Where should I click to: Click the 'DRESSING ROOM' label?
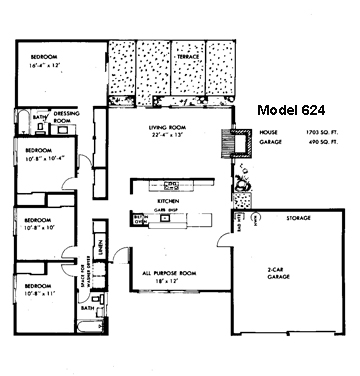(x=66, y=116)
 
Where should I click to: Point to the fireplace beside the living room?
(x=240, y=146)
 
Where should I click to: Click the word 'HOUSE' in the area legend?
(x=267, y=132)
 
